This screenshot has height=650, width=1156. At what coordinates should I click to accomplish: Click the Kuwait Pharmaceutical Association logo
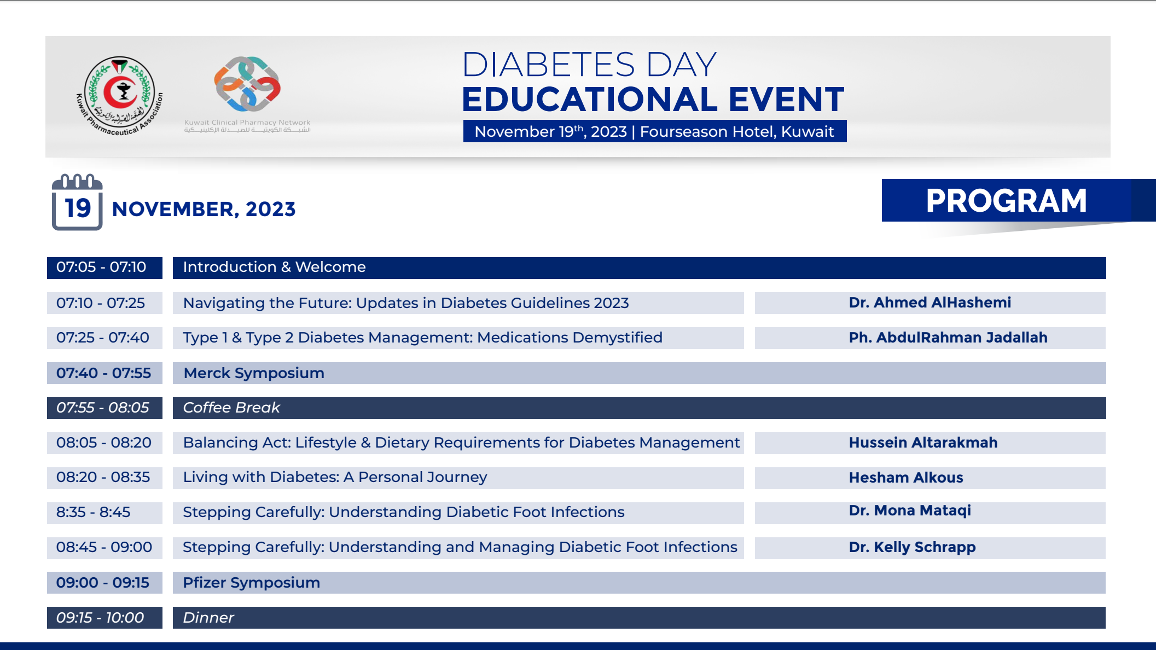[x=119, y=96]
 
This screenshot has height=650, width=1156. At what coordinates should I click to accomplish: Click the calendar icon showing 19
[x=77, y=202]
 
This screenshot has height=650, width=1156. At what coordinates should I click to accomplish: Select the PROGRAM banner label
[x=1006, y=201]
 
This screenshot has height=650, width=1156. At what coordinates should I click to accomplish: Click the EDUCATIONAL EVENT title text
[x=653, y=99]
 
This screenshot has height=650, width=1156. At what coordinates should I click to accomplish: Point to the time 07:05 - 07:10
[x=101, y=267]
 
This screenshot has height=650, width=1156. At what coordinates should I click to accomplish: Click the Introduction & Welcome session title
[x=274, y=267]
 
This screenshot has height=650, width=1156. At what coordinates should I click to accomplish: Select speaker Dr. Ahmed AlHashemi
[x=930, y=303]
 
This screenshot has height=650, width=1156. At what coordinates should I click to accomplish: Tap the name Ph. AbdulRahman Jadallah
[x=948, y=338]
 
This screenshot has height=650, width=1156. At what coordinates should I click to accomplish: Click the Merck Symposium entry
[x=254, y=373]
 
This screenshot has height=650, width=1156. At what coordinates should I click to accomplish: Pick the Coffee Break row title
[x=231, y=408]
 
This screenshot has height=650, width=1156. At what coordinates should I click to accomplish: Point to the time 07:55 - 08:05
[x=103, y=408]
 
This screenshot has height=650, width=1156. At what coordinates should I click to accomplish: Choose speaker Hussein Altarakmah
[x=923, y=443]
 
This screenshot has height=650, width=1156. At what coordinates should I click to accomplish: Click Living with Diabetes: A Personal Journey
[x=335, y=477]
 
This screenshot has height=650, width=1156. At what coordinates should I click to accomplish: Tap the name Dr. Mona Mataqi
[x=910, y=511]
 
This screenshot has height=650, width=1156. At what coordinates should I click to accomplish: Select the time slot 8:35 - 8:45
[x=94, y=512]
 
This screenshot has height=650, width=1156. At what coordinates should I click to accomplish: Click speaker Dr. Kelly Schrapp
[x=912, y=547]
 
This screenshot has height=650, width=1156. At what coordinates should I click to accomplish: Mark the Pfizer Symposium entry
[x=251, y=583]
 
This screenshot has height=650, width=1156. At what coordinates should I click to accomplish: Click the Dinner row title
[x=208, y=618]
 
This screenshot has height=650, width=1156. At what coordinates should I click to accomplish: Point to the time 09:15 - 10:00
[x=100, y=618]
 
